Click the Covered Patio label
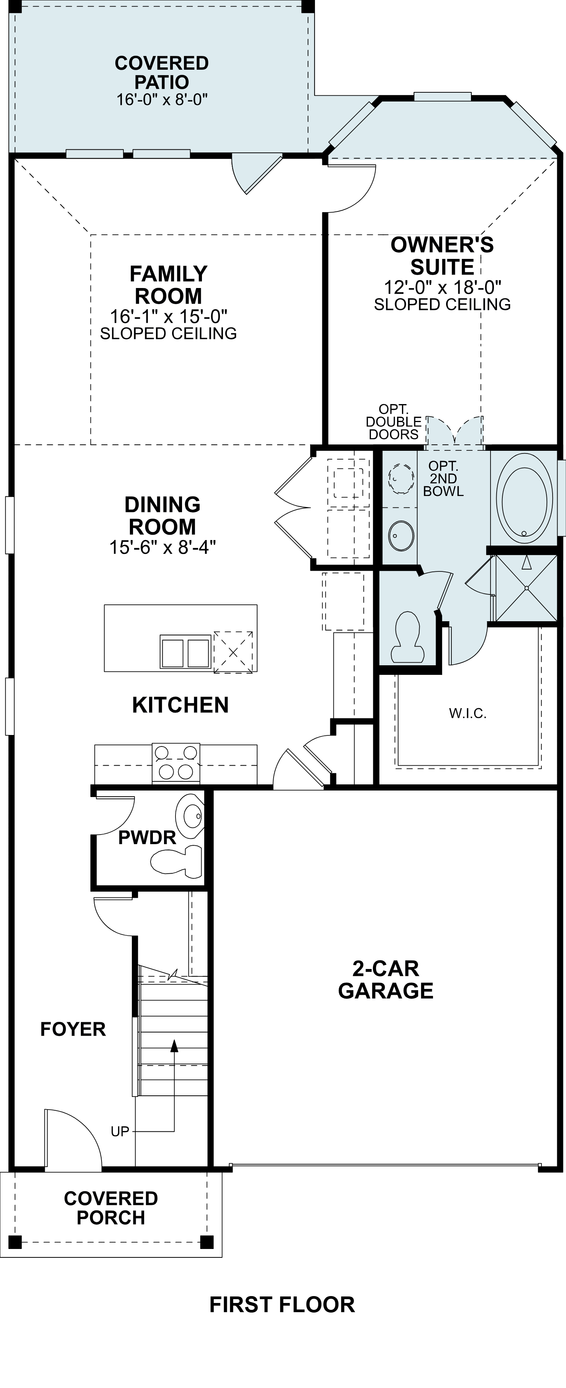click(162, 73)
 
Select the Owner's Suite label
click(442, 256)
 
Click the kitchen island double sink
click(185, 652)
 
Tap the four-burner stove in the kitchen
click(176, 762)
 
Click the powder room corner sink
click(191, 816)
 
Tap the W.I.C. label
click(468, 714)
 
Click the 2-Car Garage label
click(386, 980)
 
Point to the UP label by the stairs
click(120, 1131)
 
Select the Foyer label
click(73, 1029)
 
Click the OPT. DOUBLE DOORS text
click(394, 422)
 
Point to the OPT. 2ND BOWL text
click(443, 478)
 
